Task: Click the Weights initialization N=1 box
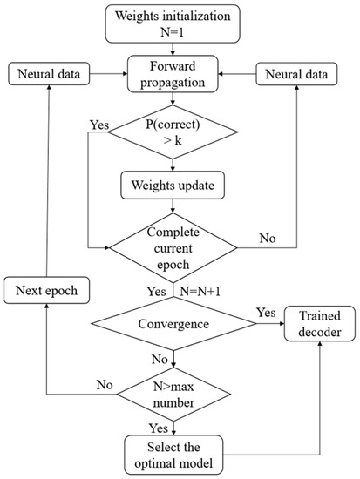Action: [x=178, y=24]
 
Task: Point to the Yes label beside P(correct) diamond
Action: [x=98, y=125]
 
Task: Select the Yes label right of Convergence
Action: [x=267, y=309]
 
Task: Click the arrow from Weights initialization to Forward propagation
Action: [x=178, y=49]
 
